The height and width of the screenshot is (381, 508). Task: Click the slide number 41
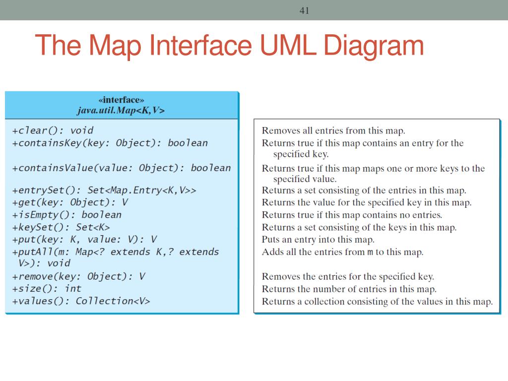point(304,10)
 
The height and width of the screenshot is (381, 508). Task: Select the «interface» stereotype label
point(121,100)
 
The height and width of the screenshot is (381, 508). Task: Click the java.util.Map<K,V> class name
point(121,110)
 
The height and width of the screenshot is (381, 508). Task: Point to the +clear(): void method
point(53,130)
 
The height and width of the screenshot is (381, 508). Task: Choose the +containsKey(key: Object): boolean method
point(110,143)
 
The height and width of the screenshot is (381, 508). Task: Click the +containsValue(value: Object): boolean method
point(122,168)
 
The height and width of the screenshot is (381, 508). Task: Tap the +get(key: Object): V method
point(70,202)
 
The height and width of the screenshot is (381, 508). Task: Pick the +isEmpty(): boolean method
point(66,215)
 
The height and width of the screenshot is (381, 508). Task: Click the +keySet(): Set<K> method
point(61,227)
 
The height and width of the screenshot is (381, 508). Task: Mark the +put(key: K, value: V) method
point(84,240)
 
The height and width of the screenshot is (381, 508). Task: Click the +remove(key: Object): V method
point(78,276)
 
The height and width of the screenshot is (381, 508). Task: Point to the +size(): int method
point(47,288)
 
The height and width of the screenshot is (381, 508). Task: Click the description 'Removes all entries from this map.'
point(333,131)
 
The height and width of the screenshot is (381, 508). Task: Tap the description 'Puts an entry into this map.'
point(318,240)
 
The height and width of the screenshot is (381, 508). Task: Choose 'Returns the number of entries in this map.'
point(349,289)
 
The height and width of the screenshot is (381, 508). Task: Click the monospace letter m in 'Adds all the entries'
point(370,252)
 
